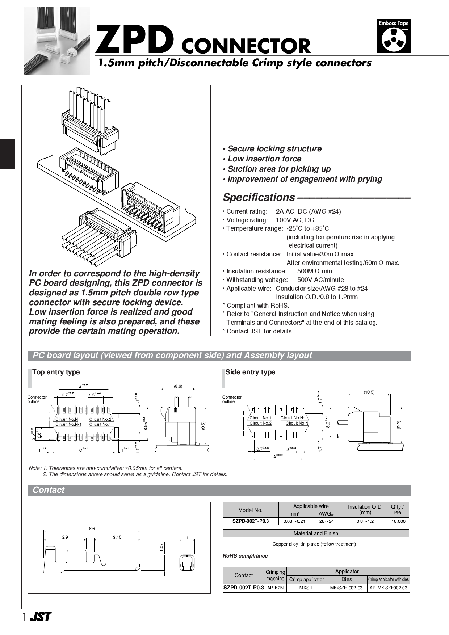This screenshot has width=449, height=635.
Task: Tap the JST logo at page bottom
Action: pyautogui.click(x=40, y=617)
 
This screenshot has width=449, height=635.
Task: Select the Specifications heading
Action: pyautogui.click(x=259, y=197)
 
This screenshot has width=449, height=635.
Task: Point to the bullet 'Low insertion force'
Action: pyautogui.click(x=264, y=159)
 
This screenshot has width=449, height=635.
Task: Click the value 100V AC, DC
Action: pyautogui.click(x=295, y=220)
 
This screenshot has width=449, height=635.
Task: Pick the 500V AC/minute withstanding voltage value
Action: pyautogui.click(x=320, y=279)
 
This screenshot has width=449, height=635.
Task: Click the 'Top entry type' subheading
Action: pyautogui.click(x=56, y=372)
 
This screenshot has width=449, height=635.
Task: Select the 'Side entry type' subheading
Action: pyautogui.click(x=250, y=372)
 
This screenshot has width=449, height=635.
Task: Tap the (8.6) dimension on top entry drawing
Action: pyautogui.click(x=178, y=386)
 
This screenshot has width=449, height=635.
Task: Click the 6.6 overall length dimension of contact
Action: pyautogui.click(x=92, y=528)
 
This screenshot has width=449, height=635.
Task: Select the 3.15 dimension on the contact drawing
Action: pyautogui.click(x=117, y=537)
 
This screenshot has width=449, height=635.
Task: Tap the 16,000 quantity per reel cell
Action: pyautogui.click(x=398, y=521)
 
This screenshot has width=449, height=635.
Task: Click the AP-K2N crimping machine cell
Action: pyautogui.click(x=275, y=588)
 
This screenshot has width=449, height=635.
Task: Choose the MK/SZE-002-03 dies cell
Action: pyautogui.click(x=346, y=588)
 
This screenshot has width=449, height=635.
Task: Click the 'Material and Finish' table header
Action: pyautogui.click(x=316, y=533)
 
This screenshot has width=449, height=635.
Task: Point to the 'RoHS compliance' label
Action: pyautogui.click(x=245, y=555)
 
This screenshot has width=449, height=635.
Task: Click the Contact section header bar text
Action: pyautogui.click(x=49, y=490)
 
